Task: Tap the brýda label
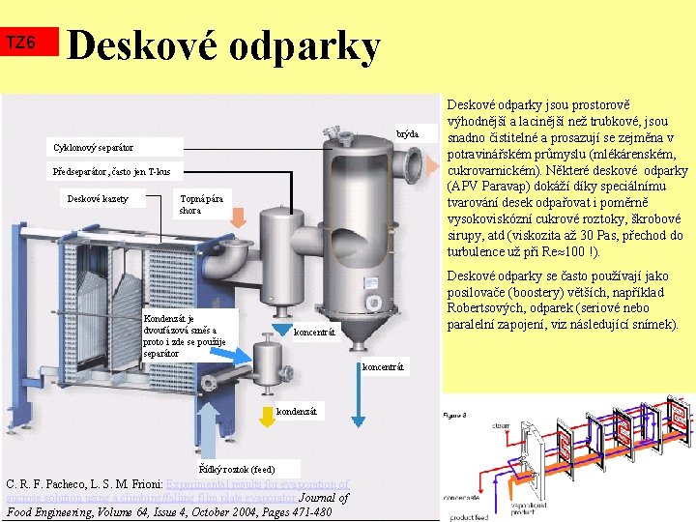[407, 133]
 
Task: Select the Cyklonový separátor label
[95, 148]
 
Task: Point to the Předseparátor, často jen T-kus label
[111, 172]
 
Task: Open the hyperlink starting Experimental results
[257, 484]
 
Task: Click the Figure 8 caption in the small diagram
[455, 415]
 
